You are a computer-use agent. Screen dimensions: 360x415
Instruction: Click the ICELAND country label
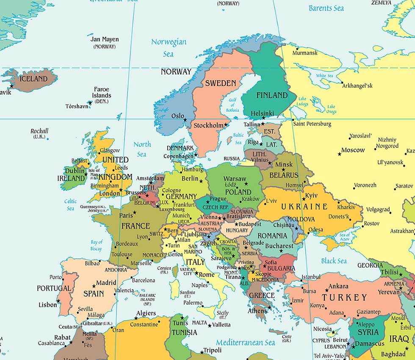tap(34, 79)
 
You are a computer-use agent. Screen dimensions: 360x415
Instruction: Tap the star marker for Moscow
tap(339, 154)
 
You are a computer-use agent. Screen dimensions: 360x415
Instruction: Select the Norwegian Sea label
tap(169, 47)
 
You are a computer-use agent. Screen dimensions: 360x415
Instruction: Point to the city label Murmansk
tap(305, 53)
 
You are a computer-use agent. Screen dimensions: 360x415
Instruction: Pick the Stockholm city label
tap(208, 125)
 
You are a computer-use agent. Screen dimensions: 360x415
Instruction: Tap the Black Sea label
tap(334, 261)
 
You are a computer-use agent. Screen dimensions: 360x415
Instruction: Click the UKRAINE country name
tap(304, 207)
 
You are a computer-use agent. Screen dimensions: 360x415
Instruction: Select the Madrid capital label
tap(106, 282)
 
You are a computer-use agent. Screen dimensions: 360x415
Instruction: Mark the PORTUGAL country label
tap(54, 288)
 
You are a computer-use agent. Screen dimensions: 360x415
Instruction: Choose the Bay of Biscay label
tap(97, 245)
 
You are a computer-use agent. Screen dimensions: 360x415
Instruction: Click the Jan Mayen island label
tap(105, 39)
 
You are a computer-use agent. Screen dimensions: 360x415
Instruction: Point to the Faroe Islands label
tap(102, 92)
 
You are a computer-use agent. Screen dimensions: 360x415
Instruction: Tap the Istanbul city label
tap(310, 277)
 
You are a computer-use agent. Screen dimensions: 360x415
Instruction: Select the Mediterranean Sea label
tap(245, 342)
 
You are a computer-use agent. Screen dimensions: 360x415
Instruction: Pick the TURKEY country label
tap(344, 297)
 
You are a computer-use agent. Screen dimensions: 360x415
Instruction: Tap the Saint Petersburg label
tap(312, 124)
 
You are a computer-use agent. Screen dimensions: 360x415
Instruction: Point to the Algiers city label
tap(146, 313)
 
